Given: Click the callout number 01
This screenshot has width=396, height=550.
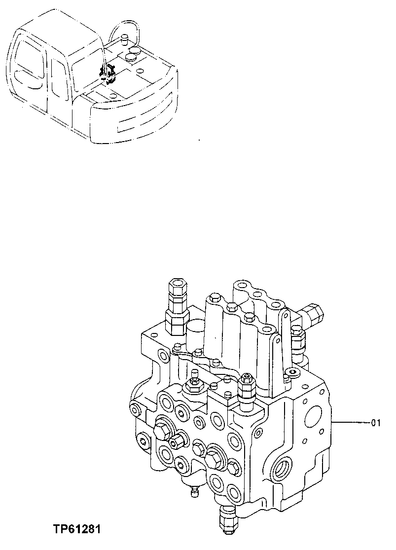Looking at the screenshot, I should (376, 422).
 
